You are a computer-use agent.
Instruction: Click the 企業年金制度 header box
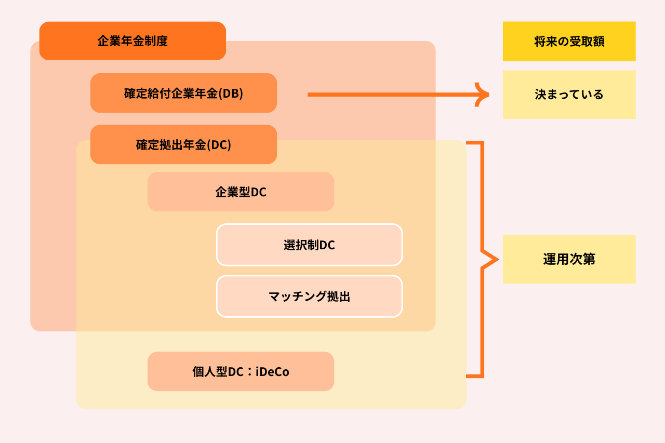pos(132,41)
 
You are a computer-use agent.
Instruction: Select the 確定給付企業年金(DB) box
pos(183,93)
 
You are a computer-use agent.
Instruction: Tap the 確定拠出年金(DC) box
pos(183,145)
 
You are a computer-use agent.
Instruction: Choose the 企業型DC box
pos(241,192)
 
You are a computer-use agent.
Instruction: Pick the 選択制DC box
pos(309,245)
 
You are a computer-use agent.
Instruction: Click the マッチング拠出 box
pos(309,297)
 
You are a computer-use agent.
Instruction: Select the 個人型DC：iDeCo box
pos(241,372)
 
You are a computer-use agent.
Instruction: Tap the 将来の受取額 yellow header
pos(569,42)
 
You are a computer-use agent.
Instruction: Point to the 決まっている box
pos(569,95)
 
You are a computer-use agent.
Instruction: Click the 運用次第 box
pos(569,260)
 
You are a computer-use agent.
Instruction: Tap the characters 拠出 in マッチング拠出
pos(338,297)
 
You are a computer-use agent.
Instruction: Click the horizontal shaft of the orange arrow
pos(390,95)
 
